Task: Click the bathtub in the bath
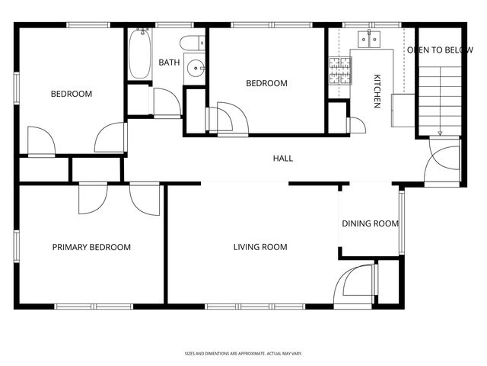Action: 140,53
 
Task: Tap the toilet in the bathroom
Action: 193,43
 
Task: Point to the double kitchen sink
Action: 370,39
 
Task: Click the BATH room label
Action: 168,62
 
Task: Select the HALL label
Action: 283,159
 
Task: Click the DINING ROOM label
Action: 370,223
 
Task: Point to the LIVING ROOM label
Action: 260,247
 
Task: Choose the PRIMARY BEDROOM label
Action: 91,247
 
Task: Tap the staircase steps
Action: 440,95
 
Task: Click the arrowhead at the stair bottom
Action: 440,132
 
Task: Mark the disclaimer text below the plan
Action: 254,353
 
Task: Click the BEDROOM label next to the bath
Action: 266,83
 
